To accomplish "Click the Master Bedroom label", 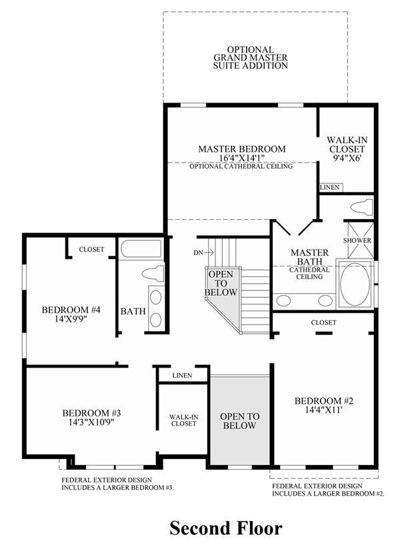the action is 242,149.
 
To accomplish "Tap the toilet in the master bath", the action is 361,207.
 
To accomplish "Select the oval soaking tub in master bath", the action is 355,284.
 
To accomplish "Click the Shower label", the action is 357,241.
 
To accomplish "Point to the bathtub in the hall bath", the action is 141,249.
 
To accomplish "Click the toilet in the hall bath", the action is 153,274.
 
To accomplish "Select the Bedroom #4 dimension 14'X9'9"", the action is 71,318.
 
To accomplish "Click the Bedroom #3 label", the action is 92,413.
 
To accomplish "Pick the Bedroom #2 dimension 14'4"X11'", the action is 324,410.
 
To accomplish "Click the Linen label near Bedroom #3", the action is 182,375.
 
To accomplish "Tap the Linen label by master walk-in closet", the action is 330,187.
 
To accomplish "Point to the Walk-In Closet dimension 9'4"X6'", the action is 347,159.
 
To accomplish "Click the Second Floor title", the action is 226,528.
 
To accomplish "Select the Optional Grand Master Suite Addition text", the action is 251,57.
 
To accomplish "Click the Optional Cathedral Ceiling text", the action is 241,166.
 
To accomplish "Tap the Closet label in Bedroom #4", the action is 91,249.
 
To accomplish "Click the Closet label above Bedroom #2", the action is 323,322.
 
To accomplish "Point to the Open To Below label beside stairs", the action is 221,283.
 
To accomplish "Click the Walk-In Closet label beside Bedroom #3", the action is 183,420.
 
